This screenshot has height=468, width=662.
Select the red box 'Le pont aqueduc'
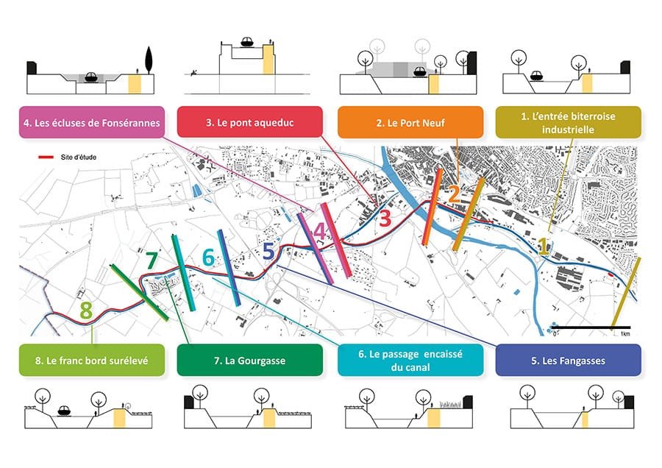pyautogui.click(x=249, y=122)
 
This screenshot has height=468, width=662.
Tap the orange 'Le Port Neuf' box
pyautogui.click(x=410, y=122)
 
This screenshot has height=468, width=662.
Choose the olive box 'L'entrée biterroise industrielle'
pyautogui.click(x=568, y=122)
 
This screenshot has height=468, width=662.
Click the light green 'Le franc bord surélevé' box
pyautogui.click(x=91, y=361)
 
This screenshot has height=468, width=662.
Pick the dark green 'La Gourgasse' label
pyautogui.click(x=249, y=361)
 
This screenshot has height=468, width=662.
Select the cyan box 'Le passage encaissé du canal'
pyautogui.click(x=410, y=361)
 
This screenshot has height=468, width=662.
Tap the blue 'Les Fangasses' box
pyautogui.click(x=568, y=361)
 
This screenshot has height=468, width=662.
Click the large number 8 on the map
pyautogui.click(x=86, y=311)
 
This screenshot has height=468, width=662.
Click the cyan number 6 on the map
pyautogui.click(x=208, y=258)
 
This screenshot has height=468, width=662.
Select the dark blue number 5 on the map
pyautogui.click(x=269, y=251)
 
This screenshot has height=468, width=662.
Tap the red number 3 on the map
pyautogui.click(x=385, y=218)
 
